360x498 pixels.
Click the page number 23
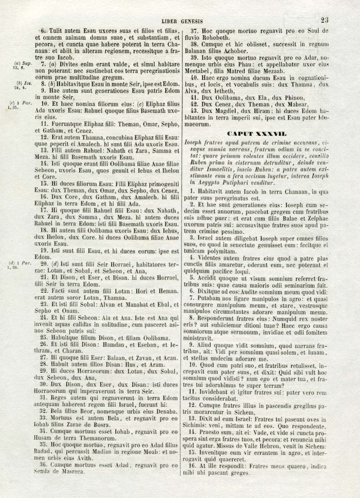[324, 20]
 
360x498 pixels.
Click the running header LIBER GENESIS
[182, 21]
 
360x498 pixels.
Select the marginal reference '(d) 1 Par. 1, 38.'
[20, 265]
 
